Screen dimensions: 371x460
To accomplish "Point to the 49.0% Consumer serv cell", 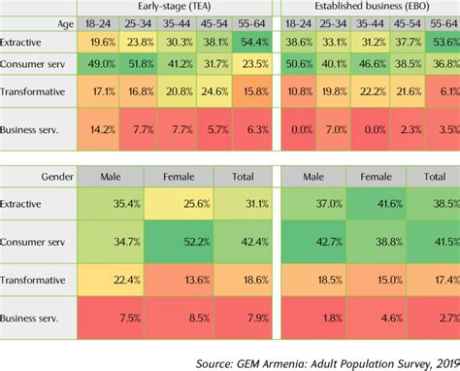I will (99, 65).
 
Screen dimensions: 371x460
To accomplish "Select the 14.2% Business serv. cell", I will (99, 127).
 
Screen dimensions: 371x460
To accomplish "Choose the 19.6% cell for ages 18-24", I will (99, 43).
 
